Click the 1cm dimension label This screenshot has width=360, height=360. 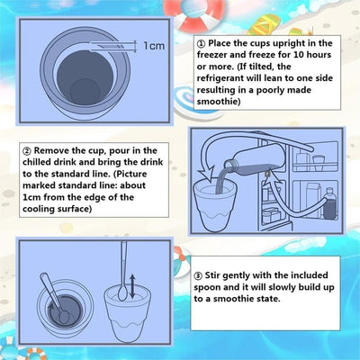pyautogui.click(x=154, y=46)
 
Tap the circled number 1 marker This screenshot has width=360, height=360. pyautogui.click(x=201, y=44)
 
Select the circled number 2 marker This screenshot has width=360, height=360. pyautogui.click(x=27, y=151)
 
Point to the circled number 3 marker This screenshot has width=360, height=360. pyautogui.click(x=198, y=275)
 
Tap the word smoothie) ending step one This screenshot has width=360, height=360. pyautogui.click(x=219, y=102)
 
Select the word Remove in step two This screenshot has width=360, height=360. pyautogui.click(x=51, y=150)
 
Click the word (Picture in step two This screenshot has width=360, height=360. pyautogui.click(x=130, y=174)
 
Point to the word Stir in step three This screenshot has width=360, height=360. pyautogui.click(x=212, y=275)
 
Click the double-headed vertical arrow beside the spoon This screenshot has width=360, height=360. pyautogui.click(x=132, y=286)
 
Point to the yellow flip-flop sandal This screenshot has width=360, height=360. pyautogui.click(x=265, y=25)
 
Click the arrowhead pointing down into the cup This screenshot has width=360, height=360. pyautogui.click(x=205, y=175)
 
